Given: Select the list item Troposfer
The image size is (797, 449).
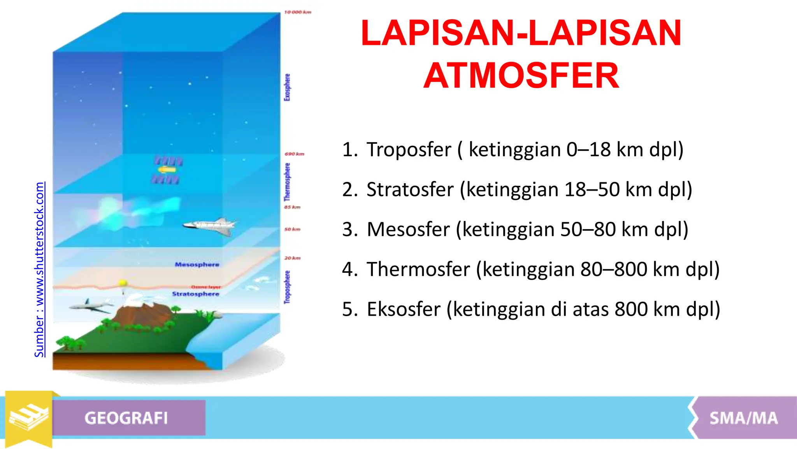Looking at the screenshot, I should (409, 150).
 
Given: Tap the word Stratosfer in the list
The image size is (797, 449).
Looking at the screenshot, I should (410, 189).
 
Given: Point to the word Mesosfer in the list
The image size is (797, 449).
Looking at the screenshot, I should (408, 229).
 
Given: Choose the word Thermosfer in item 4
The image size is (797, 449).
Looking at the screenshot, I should (418, 269).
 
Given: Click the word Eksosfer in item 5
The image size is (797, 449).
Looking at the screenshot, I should (404, 309).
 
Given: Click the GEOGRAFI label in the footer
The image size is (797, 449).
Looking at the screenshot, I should (126, 418).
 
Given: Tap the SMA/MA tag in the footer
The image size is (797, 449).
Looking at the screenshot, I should (743, 418).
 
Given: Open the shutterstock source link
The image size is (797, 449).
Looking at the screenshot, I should (39, 269).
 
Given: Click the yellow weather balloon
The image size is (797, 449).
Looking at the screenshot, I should (123, 283).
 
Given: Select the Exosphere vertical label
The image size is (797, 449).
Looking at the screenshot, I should (287, 87).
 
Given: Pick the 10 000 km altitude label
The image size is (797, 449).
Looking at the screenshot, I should (298, 12).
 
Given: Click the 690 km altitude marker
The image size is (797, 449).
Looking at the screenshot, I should (294, 154).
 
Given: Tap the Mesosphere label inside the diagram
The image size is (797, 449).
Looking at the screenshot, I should (197, 265).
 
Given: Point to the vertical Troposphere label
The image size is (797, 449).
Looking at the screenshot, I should (287, 287).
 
